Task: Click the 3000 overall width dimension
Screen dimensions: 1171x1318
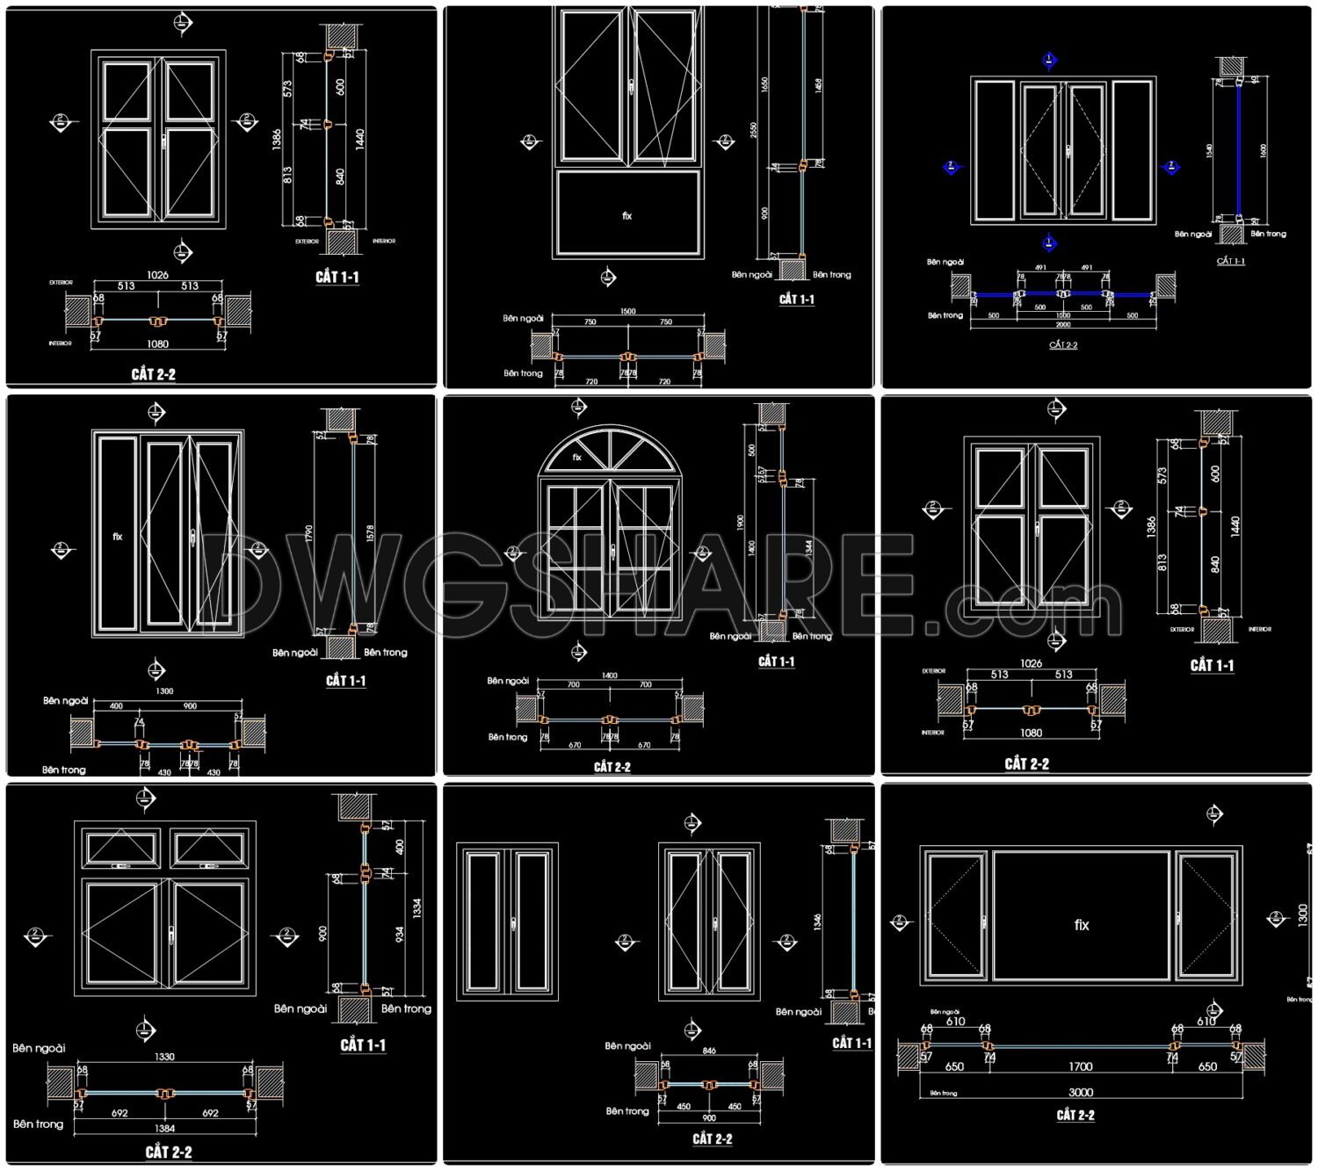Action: click(x=1080, y=1092)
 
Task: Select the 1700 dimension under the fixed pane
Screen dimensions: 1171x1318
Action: click(x=1080, y=1066)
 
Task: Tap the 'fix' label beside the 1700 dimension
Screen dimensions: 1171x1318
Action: click(x=1082, y=925)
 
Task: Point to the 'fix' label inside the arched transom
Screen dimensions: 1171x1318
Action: click(x=576, y=457)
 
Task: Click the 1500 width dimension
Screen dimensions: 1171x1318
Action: click(x=627, y=311)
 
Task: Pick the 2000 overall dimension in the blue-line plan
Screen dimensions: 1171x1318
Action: click(x=1062, y=324)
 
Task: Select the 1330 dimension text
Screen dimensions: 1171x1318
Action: click(x=164, y=1057)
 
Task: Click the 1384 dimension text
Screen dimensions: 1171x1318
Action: click(x=164, y=1128)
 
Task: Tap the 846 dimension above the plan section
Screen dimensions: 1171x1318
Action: click(x=709, y=1051)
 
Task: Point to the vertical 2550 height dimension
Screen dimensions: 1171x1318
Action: click(x=754, y=130)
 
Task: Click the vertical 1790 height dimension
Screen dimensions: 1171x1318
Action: click(x=309, y=533)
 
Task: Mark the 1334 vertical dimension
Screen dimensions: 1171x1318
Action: click(x=417, y=907)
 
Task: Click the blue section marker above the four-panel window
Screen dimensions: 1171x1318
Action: click(x=1049, y=60)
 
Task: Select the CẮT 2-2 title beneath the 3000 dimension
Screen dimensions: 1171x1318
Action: click(x=1075, y=1116)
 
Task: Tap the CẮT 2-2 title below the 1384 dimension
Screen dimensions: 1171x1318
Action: click(x=168, y=1152)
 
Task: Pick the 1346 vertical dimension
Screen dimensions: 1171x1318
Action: click(x=818, y=922)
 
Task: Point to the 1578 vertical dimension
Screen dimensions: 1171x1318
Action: click(x=370, y=533)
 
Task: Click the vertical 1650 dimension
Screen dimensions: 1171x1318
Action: click(x=764, y=86)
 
